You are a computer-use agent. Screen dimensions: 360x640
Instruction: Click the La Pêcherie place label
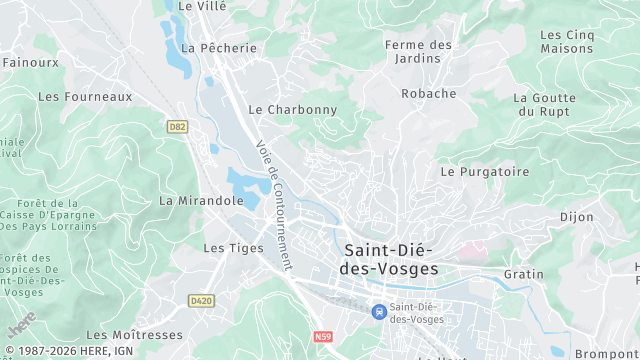pyautogui.click(x=219, y=48)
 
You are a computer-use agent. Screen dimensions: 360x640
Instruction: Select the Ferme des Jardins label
pyautogui.click(x=418, y=52)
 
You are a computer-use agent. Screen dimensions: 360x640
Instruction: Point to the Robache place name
pyautogui.click(x=428, y=94)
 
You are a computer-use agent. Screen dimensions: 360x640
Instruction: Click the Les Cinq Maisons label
pyautogui.click(x=566, y=41)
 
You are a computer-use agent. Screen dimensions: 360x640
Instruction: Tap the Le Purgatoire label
pyautogui.click(x=485, y=172)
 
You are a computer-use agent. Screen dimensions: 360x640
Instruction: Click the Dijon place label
pyautogui.click(x=576, y=217)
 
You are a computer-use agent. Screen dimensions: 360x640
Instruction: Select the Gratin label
pyautogui.click(x=523, y=274)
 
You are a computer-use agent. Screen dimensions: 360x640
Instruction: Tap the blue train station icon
pyautogui.click(x=378, y=311)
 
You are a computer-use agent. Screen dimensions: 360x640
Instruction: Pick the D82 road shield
pyautogui.click(x=178, y=127)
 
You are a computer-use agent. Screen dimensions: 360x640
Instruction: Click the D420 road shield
pyautogui.click(x=201, y=299)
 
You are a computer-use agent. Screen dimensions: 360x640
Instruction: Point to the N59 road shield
pyautogui.click(x=321, y=337)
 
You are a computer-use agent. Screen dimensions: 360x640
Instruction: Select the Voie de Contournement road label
pyautogui.click(x=273, y=204)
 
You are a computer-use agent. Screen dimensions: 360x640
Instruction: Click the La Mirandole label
pyautogui.click(x=201, y=200)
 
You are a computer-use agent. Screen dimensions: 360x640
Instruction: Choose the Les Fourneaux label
pyautogui.click(x=85, y=97)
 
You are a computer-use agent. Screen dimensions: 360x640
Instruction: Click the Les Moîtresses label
pyautogui.click(x=134, y=335)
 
